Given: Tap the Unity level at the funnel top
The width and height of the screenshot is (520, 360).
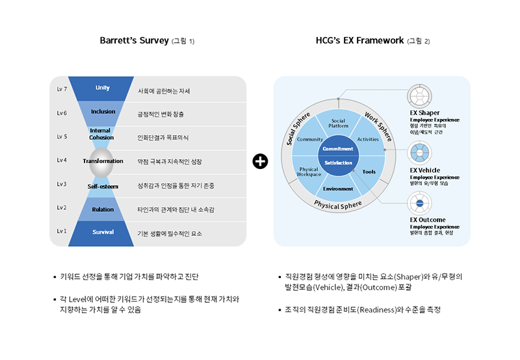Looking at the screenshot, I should click(x=103, y=88).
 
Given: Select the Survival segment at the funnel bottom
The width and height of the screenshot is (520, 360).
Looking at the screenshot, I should click(x=103, y=232).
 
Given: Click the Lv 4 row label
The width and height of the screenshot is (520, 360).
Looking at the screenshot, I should click(x=62, y=160).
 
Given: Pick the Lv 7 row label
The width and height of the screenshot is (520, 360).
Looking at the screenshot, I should click(x=62, y=88).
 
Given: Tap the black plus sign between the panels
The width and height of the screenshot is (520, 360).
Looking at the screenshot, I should click(x=260, y=161).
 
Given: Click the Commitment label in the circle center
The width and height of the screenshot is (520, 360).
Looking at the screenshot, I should click(x=338, y=149).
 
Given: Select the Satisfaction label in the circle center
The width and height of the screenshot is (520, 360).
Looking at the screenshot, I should click(x=338, y=162).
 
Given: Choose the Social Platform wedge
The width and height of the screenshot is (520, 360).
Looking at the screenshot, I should click(x=338, y=123).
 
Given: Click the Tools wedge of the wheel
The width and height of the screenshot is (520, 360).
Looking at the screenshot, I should click(x=369, y=172).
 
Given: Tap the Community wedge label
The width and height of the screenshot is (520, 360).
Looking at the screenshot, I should click(x=310, y=140).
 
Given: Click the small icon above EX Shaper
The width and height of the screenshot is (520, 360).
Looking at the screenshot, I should click(x=420, y=96).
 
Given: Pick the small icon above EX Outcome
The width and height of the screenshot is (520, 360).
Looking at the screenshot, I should click(x=420, y=204).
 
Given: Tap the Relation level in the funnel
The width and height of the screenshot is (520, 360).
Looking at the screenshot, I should click(x=103, y=209).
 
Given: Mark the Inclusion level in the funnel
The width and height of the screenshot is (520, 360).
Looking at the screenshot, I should click(x=103, y=112).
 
